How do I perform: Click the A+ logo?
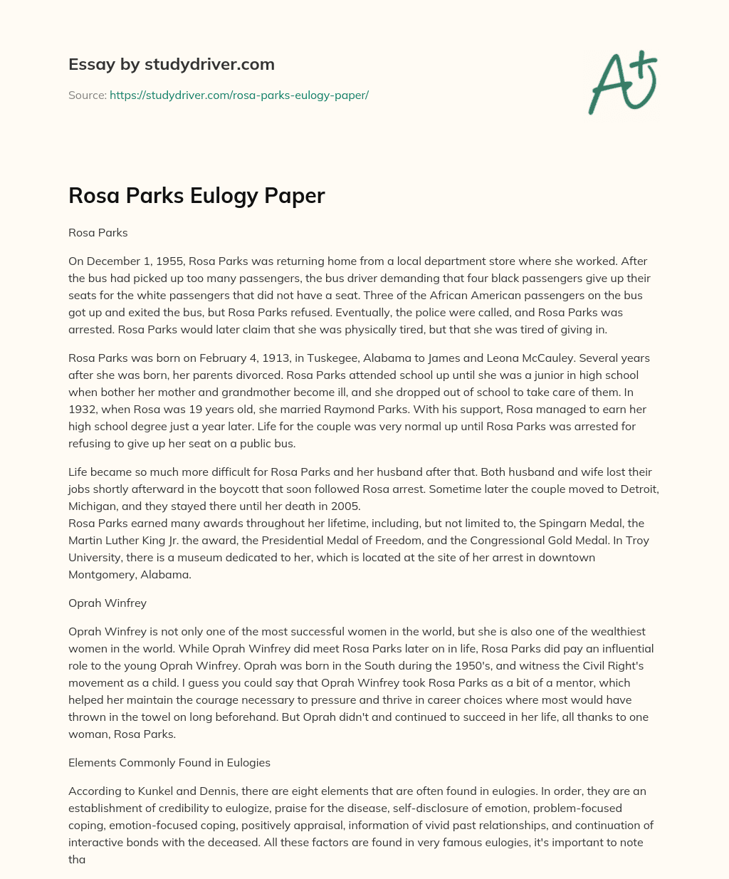coord(622,83)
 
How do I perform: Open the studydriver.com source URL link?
coord(238,95)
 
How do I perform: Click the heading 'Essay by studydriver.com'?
coord(171,64)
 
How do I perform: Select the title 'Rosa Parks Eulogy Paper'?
coord(196,196)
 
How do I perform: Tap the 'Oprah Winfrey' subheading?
coord(107,603)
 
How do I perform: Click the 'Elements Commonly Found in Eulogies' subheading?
coord(169,762)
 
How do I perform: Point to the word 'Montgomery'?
coord(100,574)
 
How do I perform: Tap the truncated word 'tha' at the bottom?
coord(77,859)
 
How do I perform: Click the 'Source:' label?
coord(87,95)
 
